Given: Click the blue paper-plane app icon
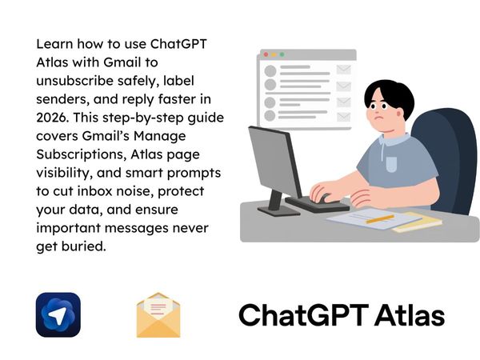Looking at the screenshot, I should tap(58, 314).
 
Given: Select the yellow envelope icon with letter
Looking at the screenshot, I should tap(158, 314).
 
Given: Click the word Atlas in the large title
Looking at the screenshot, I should tap(406, 315).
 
